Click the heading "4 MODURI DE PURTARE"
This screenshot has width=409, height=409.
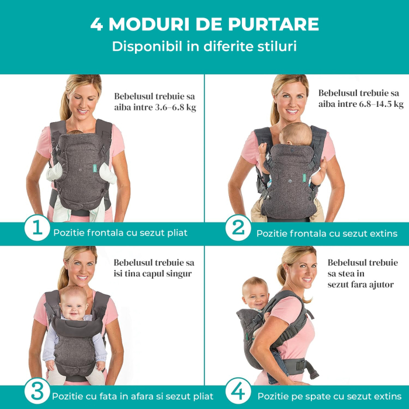pyautogui.click(x=204, y=25)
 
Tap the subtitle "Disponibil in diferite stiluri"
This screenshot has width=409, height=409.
pyautogui.click(x=204, y=46)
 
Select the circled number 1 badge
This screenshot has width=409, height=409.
pyautogui.click(x=37, y=229)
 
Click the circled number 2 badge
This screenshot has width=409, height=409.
pyautogui.click(x=238, y=229)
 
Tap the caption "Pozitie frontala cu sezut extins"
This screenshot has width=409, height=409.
pyautogui.click(x=327, y=233)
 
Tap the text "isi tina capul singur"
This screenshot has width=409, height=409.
pyautogui.click(x=154, y=273)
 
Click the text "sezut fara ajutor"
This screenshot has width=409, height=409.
pyautogui.click(x=360, y=285)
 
